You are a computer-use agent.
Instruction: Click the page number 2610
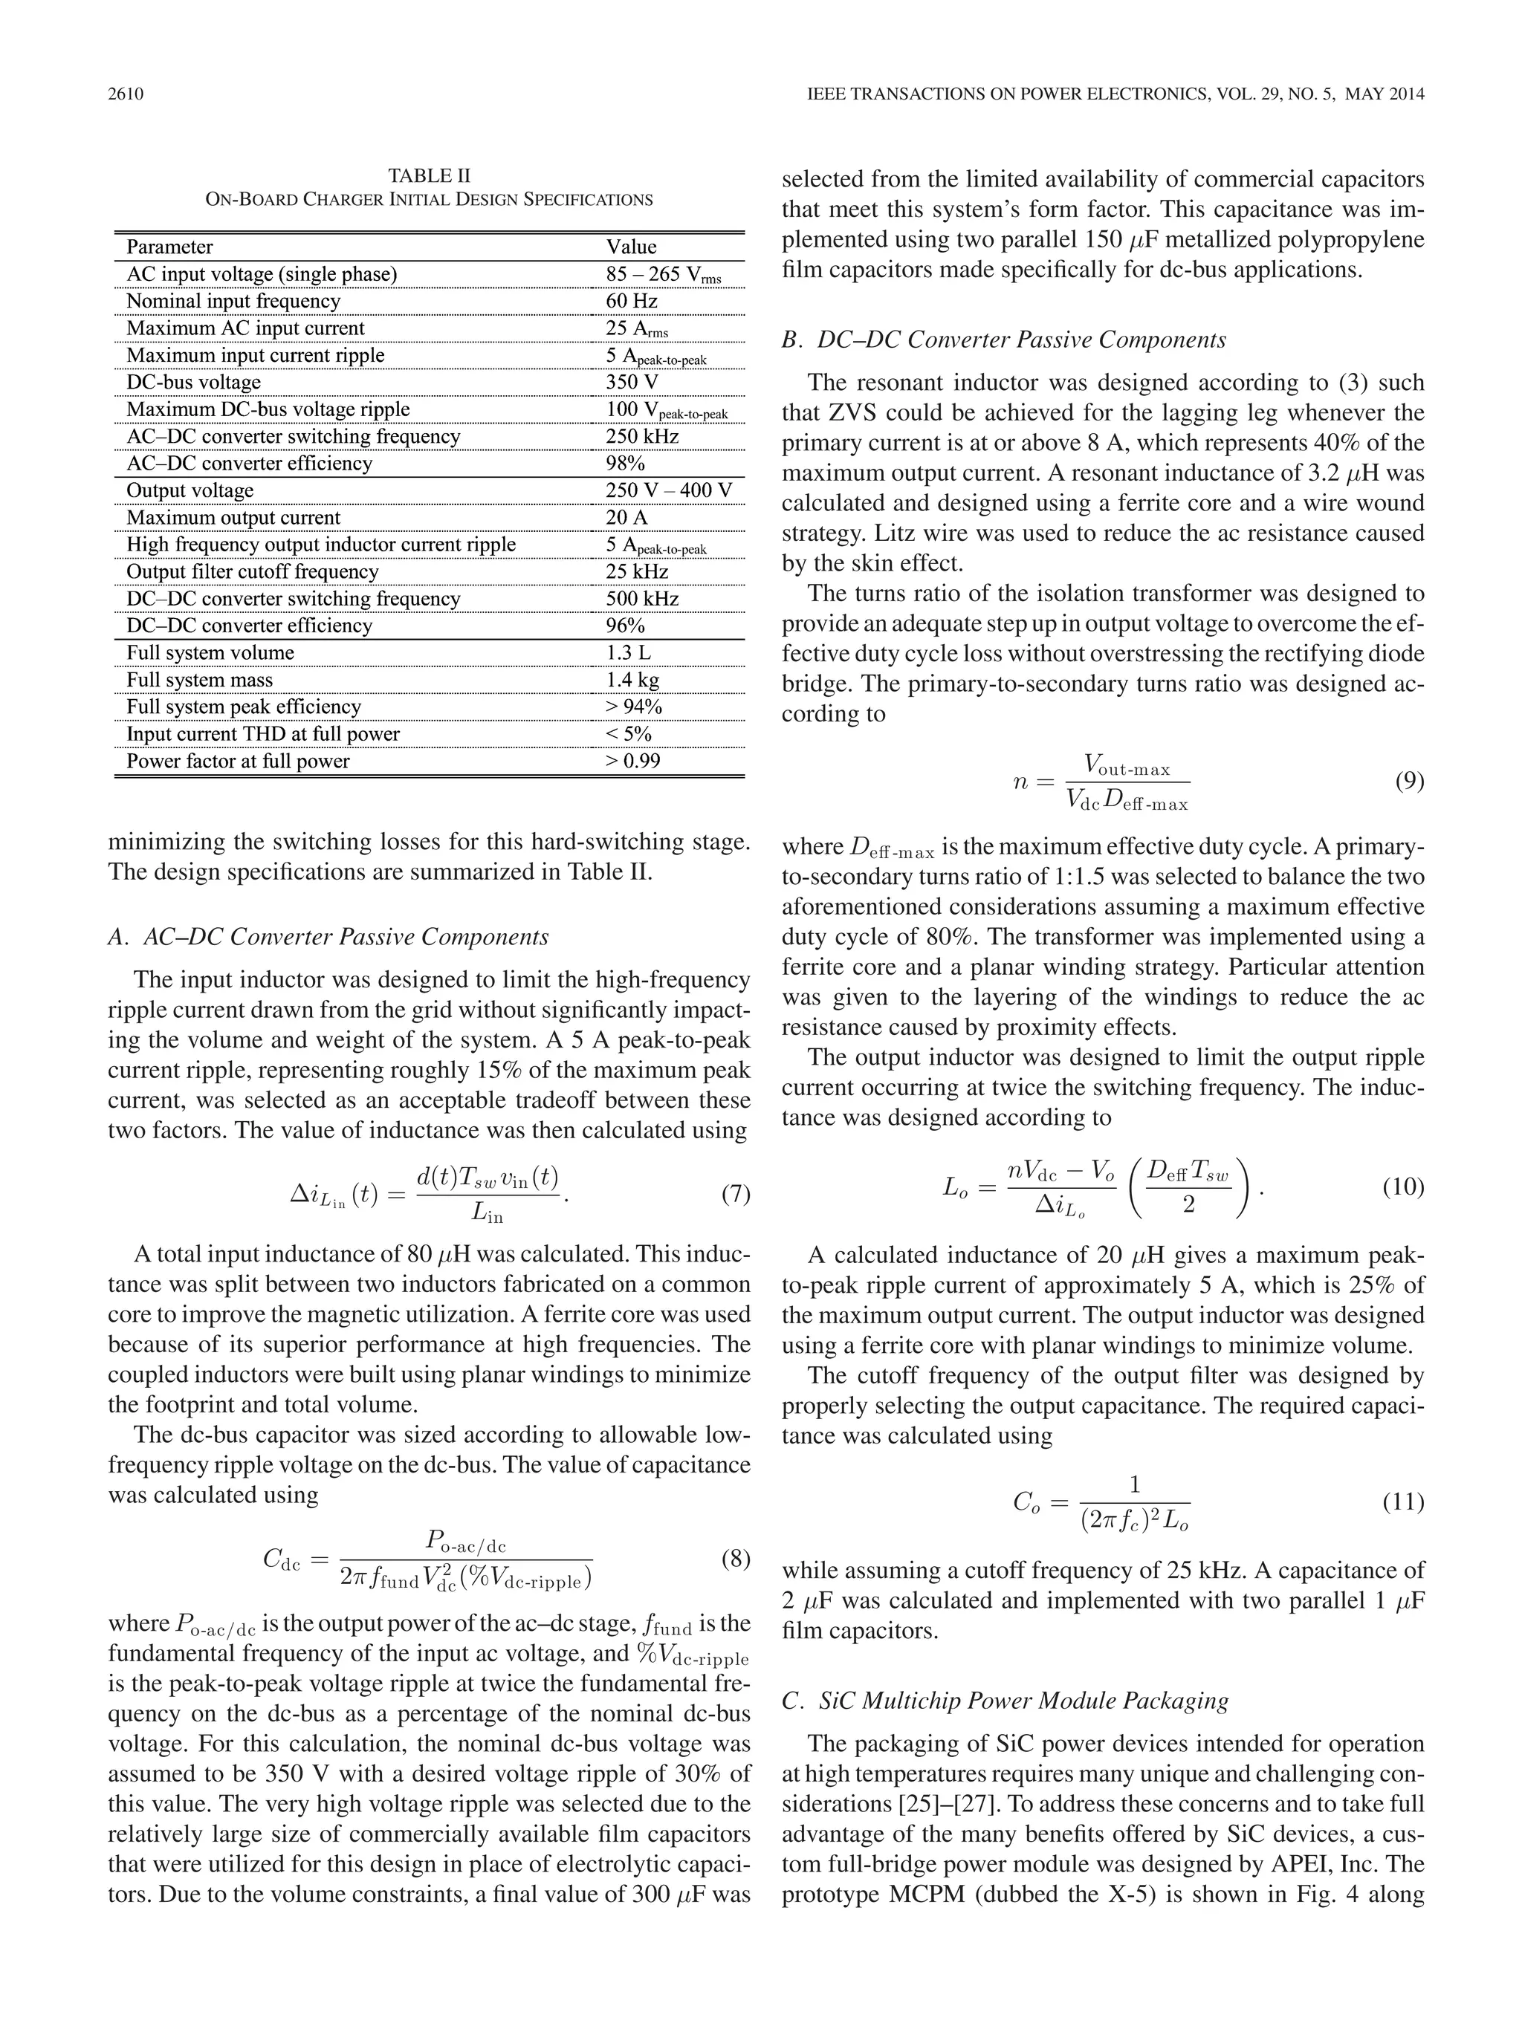(126, 94)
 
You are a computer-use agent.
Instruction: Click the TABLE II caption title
(429, 175)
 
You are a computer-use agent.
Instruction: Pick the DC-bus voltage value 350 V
(631, 383)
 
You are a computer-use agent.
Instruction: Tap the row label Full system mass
(199, 680)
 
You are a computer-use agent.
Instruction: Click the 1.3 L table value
(629, 653)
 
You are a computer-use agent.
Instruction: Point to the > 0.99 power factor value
(632, 762)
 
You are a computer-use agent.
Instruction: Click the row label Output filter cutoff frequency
(252, 572)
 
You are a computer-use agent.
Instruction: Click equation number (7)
(735, 1193)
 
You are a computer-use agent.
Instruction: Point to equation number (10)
(1403, 1187)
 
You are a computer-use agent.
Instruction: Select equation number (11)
(1403, 1502)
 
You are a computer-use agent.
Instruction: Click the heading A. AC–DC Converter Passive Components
(328, 937)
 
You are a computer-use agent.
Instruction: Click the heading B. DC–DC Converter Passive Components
(1004, 340)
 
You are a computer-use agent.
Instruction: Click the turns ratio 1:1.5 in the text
(1069, 876)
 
